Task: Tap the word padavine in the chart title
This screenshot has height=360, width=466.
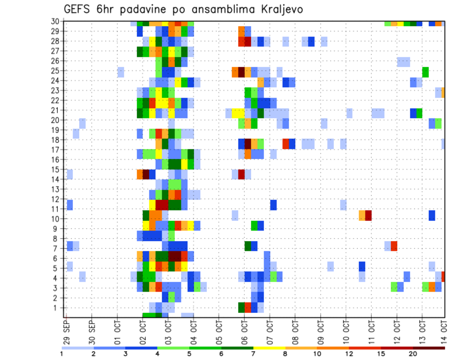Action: coord(135,10)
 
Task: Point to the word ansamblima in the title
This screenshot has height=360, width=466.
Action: coord(218,10)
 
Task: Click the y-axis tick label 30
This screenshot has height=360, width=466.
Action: coord(56,21)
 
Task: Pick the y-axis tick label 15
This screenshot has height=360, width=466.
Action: coord(56,169)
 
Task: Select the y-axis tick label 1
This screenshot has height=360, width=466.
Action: coord(58,308)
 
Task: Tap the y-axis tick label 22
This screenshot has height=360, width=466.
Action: coord(56,100)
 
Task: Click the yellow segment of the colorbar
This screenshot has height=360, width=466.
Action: coord(270,347)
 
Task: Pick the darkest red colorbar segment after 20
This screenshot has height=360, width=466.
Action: coord(429,347)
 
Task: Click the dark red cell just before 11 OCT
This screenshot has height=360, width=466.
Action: coord(368,214)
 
